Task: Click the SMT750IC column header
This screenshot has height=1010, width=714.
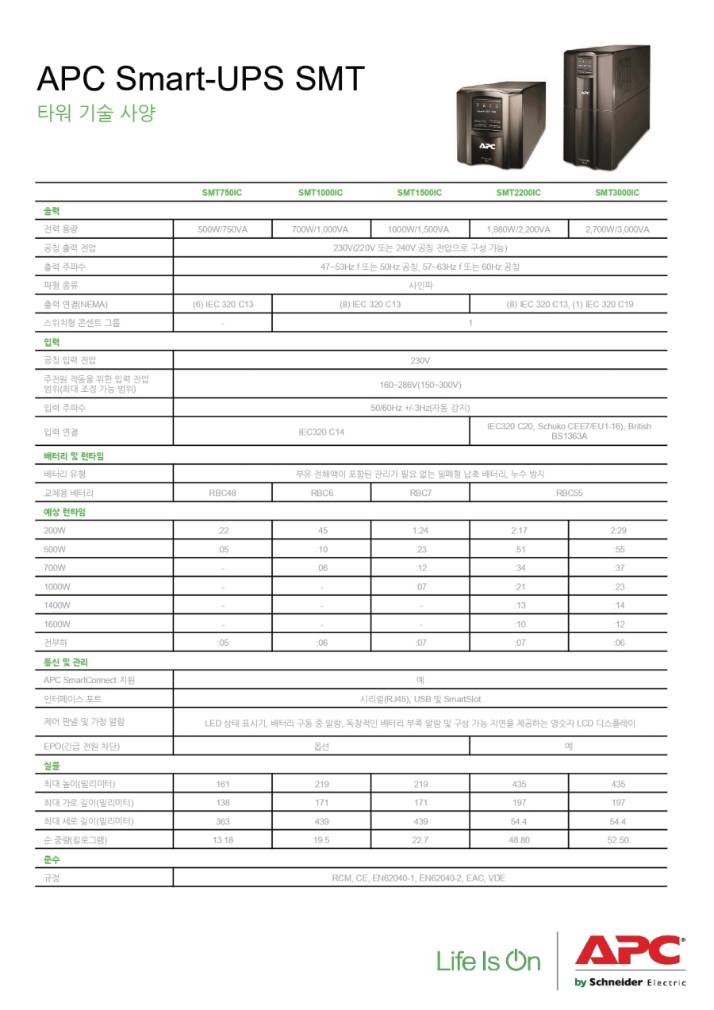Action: point(223,193)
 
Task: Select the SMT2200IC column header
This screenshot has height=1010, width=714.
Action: point(519,193)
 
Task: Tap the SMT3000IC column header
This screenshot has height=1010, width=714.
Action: point(617,193)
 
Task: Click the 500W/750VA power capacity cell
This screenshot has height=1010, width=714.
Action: point(223,229)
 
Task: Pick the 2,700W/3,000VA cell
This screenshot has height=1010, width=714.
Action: point(617,229)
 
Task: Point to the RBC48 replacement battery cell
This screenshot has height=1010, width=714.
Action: point(223,493)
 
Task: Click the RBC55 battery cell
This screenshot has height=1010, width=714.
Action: point(569,493)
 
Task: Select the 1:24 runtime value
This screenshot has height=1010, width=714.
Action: point(420,530)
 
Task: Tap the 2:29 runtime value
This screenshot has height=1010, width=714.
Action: point(618,530)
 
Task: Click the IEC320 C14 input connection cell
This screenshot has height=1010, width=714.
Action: point(321,432)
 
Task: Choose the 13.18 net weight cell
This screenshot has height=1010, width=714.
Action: point(223,840)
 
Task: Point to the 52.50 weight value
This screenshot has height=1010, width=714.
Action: point(618,840)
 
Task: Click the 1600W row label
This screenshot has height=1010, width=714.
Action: point(57,624)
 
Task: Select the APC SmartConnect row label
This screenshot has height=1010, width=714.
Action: point(90,680)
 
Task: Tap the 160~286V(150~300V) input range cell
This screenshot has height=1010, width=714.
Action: point(420,385)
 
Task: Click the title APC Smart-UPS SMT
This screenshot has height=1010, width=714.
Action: point(201,79)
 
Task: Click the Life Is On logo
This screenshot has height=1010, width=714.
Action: point(488,962)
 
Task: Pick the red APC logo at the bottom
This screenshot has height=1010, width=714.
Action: point(630,952)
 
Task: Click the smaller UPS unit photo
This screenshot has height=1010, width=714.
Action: point(500,126)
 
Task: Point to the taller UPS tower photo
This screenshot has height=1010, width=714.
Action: point(606,107)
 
